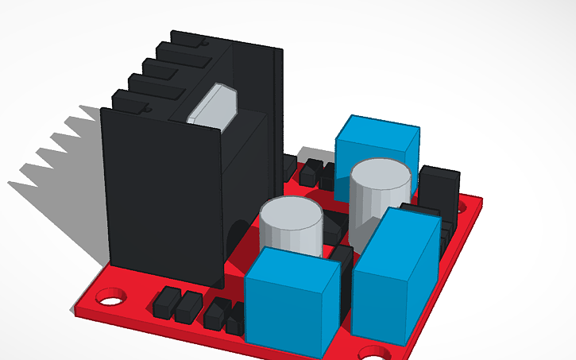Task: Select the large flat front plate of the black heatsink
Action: (x=163, y=195)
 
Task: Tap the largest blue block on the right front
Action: (x=395, y=278)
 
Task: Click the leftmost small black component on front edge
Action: (x=166, y=303)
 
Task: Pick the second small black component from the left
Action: (x=189, y=307)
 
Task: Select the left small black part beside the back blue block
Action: (x=311, y=172)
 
